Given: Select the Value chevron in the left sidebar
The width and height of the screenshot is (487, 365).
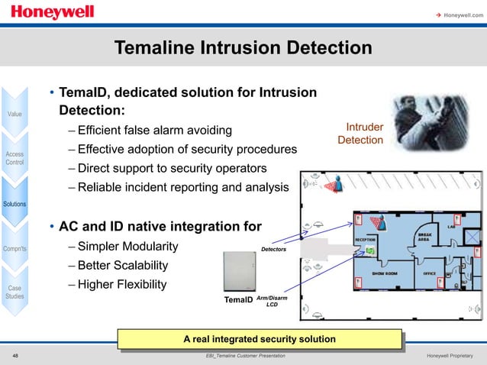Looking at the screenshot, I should point(15,114).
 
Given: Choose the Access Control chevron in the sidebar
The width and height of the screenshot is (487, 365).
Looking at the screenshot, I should point(15,158).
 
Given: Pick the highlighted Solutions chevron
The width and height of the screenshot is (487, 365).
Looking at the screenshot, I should point(15,204).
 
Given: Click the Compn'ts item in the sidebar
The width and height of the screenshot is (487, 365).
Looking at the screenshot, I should point(15,248).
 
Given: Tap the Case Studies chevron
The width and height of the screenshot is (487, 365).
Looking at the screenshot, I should point(15,292).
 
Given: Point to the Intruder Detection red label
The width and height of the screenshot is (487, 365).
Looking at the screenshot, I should point(360,134).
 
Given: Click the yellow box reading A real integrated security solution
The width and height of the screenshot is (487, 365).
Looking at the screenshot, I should point(260,338).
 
